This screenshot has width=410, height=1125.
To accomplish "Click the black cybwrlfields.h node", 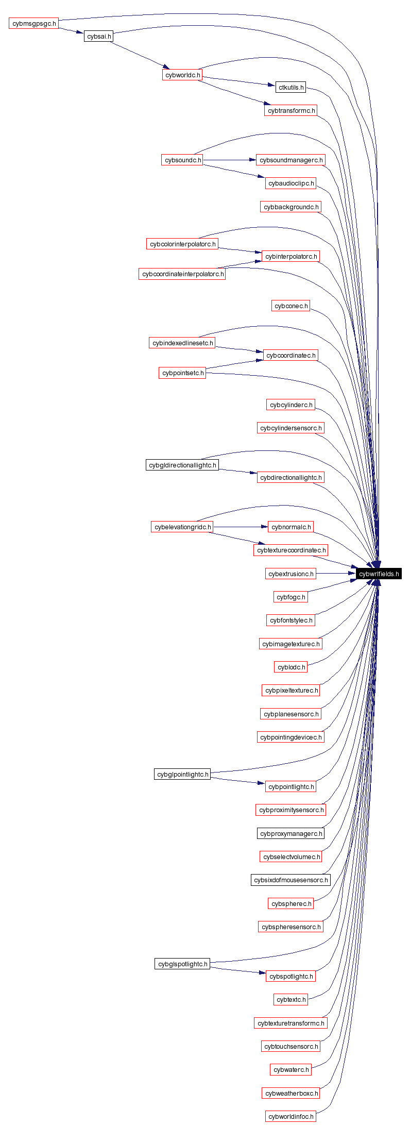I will [379, 574].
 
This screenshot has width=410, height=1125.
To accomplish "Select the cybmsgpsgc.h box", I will [33, 23].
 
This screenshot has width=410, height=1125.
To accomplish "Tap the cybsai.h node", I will [98, 37].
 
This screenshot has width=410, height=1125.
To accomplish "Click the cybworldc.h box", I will [182, 75].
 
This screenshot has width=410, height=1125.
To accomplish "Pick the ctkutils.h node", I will [291, 88].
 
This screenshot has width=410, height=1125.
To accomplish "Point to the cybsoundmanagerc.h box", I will [291, 160].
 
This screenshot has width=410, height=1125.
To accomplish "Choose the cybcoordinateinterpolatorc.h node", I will [182, 274].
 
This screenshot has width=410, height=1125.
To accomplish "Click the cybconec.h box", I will [291, 306].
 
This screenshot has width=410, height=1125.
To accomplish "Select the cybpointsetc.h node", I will [182, 373].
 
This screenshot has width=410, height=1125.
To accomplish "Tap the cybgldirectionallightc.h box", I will [182, 465].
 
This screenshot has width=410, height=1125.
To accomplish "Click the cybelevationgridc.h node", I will [182, 527].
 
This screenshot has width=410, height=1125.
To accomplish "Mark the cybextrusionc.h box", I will [291, 574].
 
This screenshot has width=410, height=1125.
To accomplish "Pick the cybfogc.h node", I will [291, 597].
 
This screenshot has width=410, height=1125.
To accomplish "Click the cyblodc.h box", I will [291, 667].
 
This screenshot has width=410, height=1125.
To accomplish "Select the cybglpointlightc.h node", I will [182, 774].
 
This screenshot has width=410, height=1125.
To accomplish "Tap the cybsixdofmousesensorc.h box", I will [291, 880].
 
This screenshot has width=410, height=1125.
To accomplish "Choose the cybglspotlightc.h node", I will [182, 964].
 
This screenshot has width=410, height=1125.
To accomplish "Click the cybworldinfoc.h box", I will [291, 1116].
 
